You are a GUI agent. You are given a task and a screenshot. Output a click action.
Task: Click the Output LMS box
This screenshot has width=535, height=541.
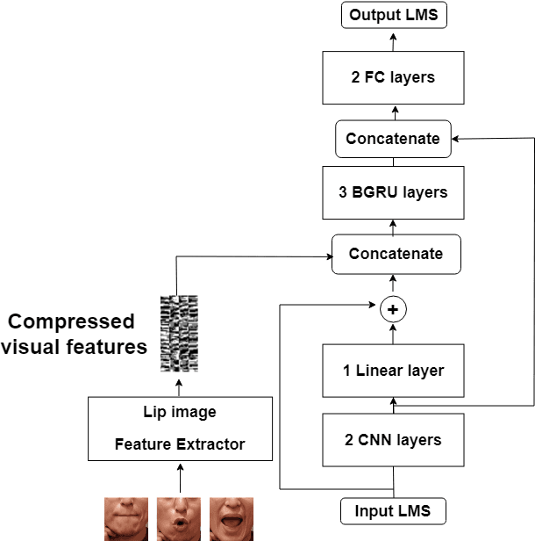(393, 14)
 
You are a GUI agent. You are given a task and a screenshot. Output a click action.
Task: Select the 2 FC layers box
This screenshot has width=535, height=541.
(393, 77)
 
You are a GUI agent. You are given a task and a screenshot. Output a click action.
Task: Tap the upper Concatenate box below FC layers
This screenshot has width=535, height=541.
(393, 139)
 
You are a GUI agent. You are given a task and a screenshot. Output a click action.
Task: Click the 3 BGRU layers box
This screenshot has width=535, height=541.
(393, 192)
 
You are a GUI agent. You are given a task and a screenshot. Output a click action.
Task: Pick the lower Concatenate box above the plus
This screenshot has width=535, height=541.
(396, 254)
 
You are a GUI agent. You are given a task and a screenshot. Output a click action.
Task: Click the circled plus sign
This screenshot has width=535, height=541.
(393, 309)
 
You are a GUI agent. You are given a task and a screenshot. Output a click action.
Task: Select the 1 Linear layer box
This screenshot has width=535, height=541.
(393, 370)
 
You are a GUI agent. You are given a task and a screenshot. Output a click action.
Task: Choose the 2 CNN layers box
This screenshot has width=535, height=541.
(393, 439)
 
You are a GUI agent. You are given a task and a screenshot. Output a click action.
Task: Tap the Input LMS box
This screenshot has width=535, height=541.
(393, 511)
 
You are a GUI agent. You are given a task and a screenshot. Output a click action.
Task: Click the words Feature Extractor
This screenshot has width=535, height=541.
(180, 444)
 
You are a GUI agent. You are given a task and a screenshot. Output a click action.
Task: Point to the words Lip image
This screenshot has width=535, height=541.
(180, 412)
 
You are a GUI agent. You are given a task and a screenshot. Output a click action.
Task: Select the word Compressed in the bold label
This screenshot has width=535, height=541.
(72, 321)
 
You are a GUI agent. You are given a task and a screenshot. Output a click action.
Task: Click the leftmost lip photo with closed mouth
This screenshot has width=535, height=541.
(126, 519)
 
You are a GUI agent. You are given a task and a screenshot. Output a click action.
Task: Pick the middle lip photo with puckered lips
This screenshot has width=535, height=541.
(179, 519)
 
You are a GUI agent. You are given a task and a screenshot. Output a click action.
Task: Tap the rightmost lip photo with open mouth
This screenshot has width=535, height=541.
(232, 519)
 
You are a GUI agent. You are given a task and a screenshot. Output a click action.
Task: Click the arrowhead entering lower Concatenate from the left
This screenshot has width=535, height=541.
(327, 256)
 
